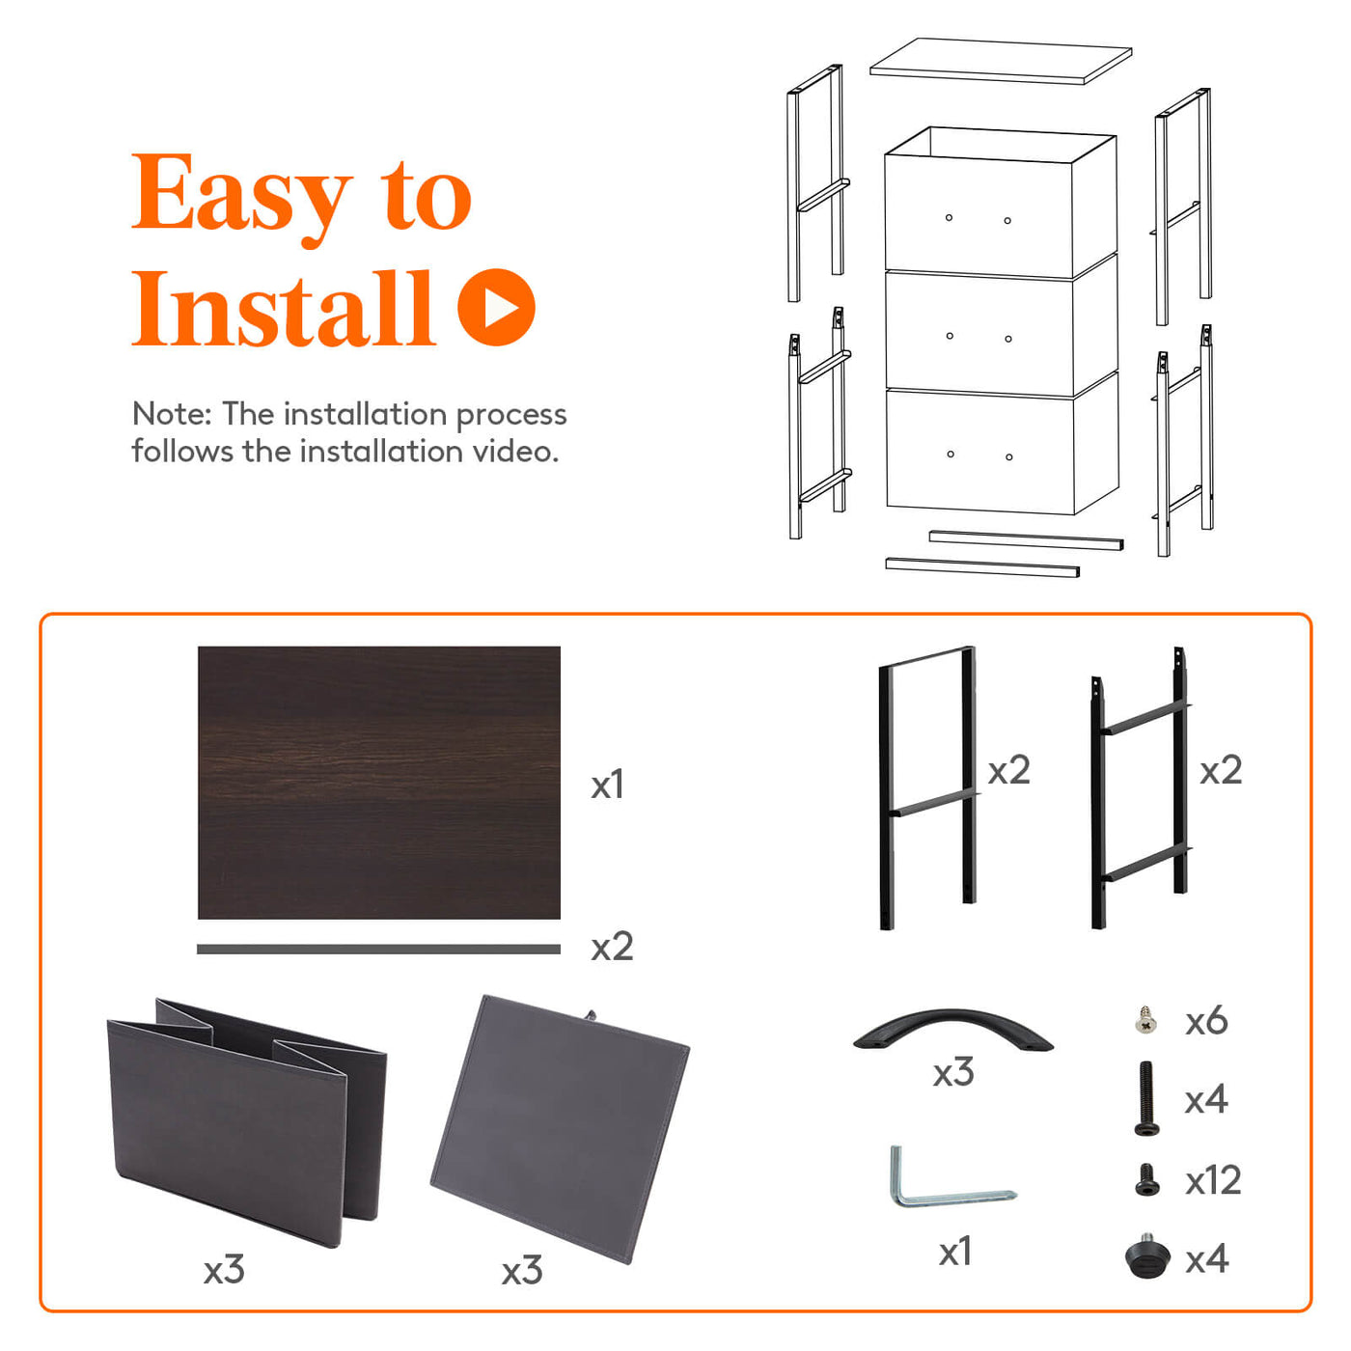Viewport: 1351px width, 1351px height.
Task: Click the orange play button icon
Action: click(x=496, y=307)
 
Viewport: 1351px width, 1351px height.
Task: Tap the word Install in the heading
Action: click(x=284, y=308)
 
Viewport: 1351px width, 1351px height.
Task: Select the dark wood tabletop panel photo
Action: click(x=378, y=783)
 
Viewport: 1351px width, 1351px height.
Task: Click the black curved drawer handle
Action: click(x=952, y=1030)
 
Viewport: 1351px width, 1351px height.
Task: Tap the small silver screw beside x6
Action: click(x=1145, y=1020)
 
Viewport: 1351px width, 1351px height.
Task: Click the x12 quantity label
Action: click(x=1213, y=1180)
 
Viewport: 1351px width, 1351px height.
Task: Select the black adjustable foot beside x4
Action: click(x=1147, y=1258)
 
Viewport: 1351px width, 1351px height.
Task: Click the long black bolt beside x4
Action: click(x=1146, y=1098)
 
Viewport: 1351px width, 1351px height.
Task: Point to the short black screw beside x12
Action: click(x=1146, y=1180)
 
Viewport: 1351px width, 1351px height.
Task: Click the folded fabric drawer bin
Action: click(x=245, y=1121)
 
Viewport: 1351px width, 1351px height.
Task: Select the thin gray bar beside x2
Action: click(x=378, y=950)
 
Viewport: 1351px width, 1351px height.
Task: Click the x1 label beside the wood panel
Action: click(x=607, y=785)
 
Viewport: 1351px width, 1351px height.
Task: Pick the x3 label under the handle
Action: click(x=952, y=1072)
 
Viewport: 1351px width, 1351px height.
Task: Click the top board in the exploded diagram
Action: click(x=1001, y=61)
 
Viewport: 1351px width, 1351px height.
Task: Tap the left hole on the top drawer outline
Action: click(x=949, y=218)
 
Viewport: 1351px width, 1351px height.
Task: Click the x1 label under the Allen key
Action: click(x=955, y=1253)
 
